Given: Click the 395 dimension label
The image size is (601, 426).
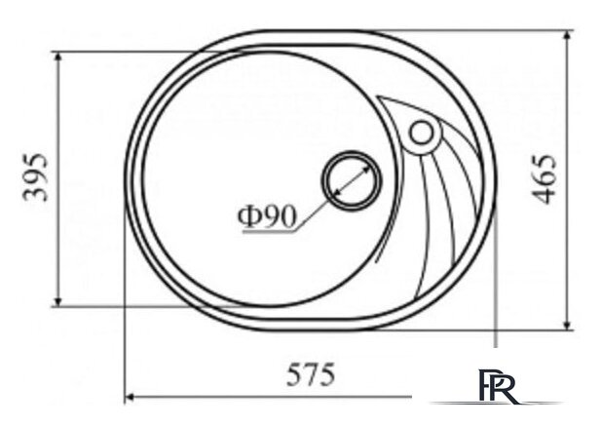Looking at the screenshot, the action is (x=35, y=177).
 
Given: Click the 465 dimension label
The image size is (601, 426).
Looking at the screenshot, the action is (x=545, y=179).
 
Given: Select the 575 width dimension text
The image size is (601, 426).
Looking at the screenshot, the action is (x=311, y=374).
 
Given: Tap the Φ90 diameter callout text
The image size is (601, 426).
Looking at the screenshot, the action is (x=267, y=216).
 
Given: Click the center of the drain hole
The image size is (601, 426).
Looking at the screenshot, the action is (x=352, y=180).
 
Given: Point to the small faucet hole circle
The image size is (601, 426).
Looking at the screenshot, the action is (x=422, y=133).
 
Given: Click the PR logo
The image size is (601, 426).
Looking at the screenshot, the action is (x=499, y=385).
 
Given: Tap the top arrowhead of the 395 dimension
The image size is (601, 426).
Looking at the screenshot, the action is (x=57, y=57).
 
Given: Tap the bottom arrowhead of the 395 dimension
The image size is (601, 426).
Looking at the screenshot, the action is (x=57, y=302).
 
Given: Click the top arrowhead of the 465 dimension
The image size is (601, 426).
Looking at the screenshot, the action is (x=568, y=35).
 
